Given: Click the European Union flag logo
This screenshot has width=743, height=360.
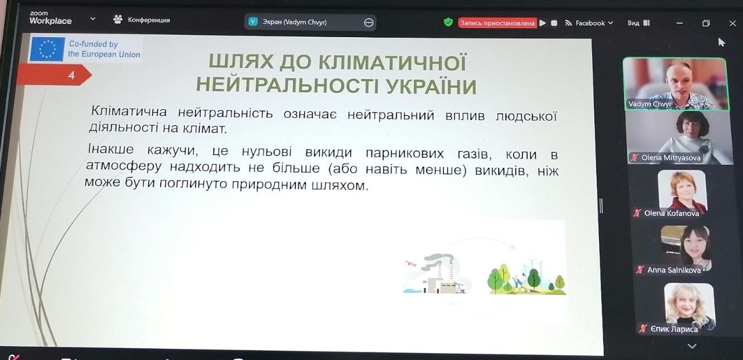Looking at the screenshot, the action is (47, 49).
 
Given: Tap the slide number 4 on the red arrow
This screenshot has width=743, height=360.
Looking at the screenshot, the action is (71, 75).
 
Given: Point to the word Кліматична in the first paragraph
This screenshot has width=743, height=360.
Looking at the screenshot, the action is (129, 111).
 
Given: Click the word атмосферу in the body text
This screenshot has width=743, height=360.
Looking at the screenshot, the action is (124, 166).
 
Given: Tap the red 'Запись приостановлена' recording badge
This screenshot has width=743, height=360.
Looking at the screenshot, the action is (497, 23).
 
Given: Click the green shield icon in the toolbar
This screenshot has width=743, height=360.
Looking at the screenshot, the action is (448, 22).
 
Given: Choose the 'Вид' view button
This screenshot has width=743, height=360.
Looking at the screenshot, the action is (638, 23).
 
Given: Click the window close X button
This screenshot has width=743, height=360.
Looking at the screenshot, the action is (733, 23).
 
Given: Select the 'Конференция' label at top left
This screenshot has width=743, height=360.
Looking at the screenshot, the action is (149, 20).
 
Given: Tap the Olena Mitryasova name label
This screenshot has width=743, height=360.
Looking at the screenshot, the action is (670, 157).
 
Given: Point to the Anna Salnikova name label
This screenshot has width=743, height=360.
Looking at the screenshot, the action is (674, 270).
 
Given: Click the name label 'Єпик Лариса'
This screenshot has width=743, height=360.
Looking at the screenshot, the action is (674, 329).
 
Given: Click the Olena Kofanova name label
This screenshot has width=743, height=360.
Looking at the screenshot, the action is (672, 213).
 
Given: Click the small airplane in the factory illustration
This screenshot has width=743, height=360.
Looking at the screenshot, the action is (410, 264).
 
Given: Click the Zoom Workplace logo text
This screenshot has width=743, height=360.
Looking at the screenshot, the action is (50, 18).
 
